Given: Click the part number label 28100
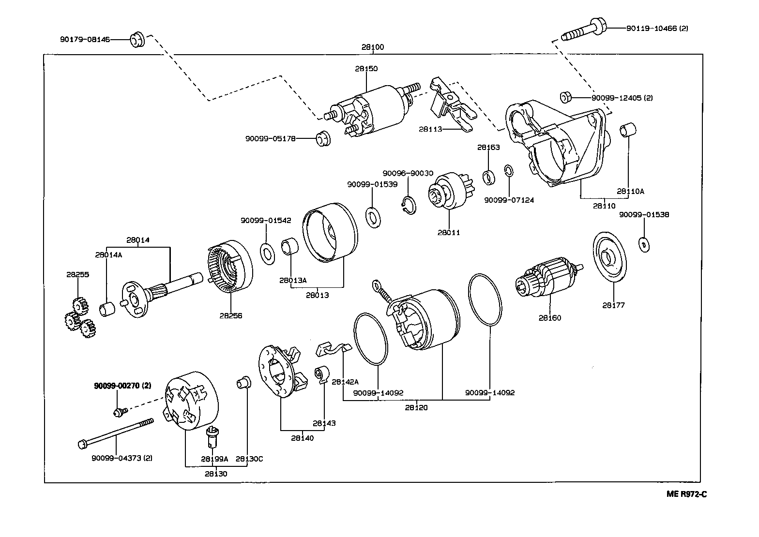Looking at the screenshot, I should click(x=372, y=47).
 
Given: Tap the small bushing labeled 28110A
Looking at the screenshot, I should click(x=628, y=130).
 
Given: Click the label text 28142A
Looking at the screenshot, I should click(x=345, y=382).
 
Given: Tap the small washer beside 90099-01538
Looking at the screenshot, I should click(x=643, y=244).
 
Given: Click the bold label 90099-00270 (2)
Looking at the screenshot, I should click(x=122, y=386).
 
